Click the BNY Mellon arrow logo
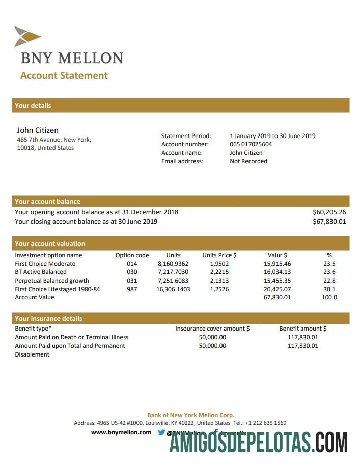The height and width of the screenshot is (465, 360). coord(27,36)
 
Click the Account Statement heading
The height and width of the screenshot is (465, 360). coord(64,76)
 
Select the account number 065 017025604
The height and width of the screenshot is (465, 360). coord(251,144)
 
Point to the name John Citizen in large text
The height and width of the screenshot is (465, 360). coord(38,130)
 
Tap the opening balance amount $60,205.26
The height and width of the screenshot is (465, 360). coord(329,212)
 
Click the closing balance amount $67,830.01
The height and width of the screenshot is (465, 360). coord(329,222)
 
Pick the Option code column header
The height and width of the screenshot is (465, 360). coord(132,255)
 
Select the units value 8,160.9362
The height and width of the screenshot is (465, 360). coord(173,264)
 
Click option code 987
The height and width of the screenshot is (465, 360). coord(132,289)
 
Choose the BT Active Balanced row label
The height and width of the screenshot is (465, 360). coord(41,272)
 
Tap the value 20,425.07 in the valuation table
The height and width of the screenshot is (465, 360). coord(278,289)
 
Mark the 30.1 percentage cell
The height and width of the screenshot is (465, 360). coord(329,289)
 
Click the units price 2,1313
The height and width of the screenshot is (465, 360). coord(219,281)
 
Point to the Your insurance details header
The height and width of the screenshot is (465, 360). coord(48,319)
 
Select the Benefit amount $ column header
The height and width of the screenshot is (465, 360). coord(303,329)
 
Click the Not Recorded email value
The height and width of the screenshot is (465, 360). coord(248,161)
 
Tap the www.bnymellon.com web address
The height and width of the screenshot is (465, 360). coord(121,432)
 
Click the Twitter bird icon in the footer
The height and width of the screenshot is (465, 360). coord(161,432)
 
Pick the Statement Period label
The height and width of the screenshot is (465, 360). coord(186,136)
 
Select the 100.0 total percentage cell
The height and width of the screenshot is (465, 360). coord(329,297)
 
